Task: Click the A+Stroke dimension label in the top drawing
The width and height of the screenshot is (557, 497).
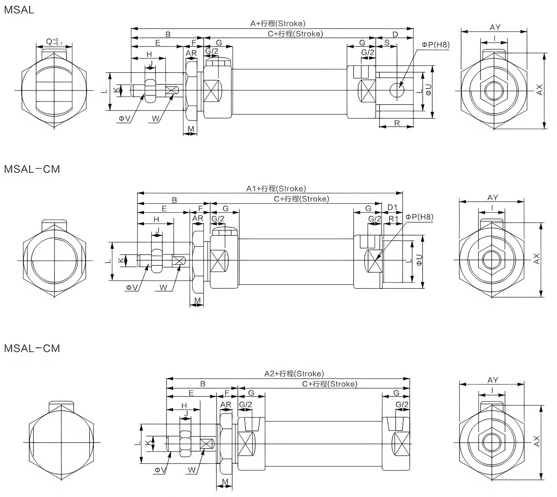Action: click(278, 23)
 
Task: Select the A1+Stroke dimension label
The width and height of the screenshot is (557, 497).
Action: click(276, 189)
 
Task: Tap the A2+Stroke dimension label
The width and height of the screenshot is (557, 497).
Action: click(294, 374)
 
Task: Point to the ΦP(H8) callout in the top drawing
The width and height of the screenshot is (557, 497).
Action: click(436, 45)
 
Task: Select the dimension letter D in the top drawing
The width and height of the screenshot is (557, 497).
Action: click(395, 34)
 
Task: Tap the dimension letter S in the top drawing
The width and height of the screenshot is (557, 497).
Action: click(387, 43)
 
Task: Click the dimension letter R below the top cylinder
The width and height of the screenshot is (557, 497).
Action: click(397, 123)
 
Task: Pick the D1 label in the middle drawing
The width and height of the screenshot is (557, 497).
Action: click(392, 207)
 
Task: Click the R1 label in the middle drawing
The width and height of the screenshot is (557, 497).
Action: click(393, 219)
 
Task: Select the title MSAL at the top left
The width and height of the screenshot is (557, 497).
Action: click(19, 10)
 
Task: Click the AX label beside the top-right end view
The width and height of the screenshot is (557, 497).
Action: click(539, 90)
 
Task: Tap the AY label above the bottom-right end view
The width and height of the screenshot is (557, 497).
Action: click(493, 380)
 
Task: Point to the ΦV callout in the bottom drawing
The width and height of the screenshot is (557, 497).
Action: click(160, 470)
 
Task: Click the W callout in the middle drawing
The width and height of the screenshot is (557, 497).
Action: click(163, 288)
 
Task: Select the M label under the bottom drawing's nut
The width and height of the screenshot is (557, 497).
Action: click(225, 481)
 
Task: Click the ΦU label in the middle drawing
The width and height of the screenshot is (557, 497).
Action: click(419, 260)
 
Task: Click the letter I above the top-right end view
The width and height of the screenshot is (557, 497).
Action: click(494, 38)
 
